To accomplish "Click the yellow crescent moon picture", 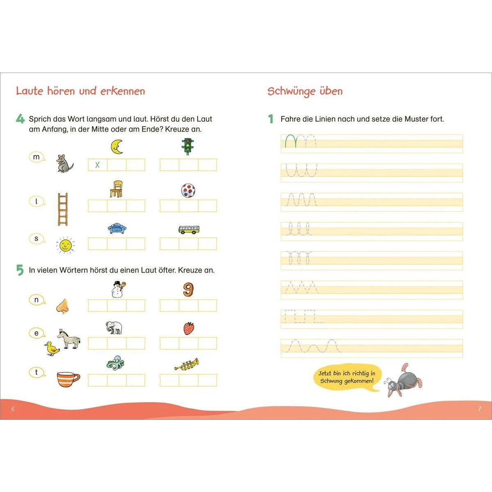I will [117, 146].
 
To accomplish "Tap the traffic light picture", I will [188, 146].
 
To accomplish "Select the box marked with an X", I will [98, 165].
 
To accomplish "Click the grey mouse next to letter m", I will [64, 163].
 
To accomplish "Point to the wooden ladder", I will [62, 209].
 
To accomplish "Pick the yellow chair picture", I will [116, 189].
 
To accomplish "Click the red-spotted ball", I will [188, 190].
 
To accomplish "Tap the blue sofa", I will [117, 228].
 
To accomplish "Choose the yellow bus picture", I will [189, 229].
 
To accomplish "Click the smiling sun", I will [65, 245].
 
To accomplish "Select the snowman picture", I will [117, 289].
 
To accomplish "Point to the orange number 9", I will [188, 289].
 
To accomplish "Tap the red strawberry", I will [189, 328].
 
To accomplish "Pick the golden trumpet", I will [187, 364].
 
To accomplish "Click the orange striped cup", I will [68, 379].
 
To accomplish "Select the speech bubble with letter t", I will [36, 372].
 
